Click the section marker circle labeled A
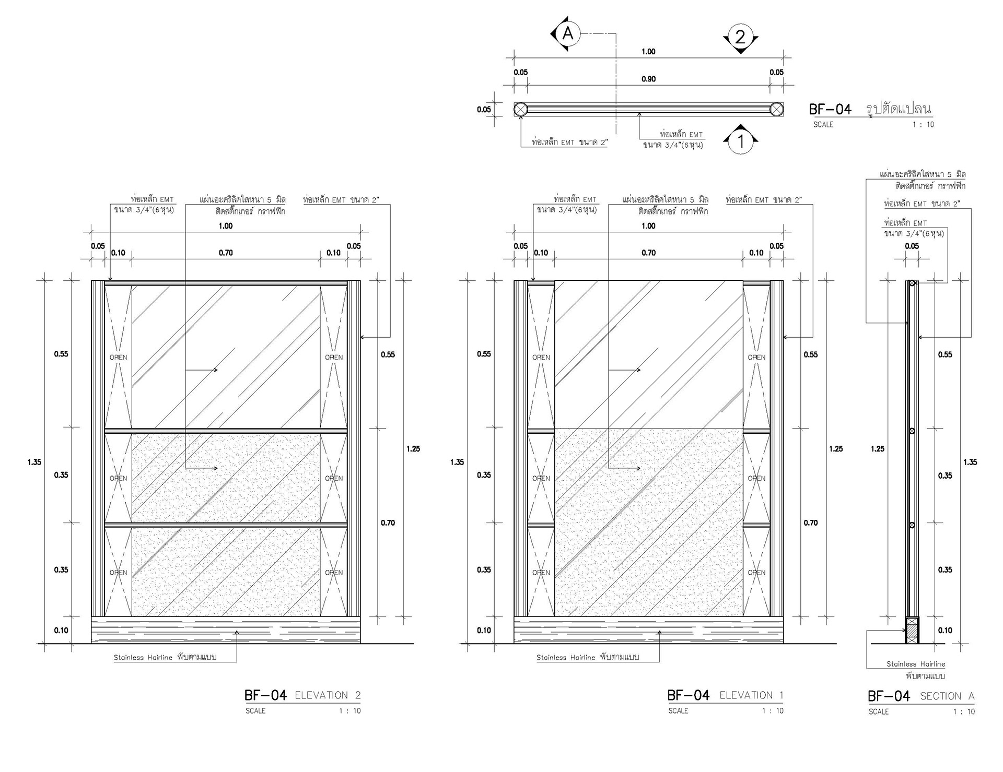click(x=568, y=34)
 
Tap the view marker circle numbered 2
click(x=740, y=37)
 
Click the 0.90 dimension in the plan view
click(x=648, y=79)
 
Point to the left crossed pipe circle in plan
click(x=520, y=109)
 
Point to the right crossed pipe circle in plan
click(x=777, y=109)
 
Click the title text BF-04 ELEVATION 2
click(x=302, y=695)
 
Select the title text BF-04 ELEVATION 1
click(x=726, y=695)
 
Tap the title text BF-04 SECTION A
click(x=921, y=696)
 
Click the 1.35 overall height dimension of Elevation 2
click(x=34, y=462)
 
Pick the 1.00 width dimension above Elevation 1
click(x=648, y=226)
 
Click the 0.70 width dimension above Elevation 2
click(x=226, y=253)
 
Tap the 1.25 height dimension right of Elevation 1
click(x=836, y=449)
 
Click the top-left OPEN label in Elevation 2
click(x=119, y=358)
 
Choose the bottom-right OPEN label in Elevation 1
click(x=756, y=573)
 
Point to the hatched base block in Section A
click(x=912, y=630)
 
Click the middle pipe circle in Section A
click(x=912, y=431)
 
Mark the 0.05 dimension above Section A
click(x=912, y=246)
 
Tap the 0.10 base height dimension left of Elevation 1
click(x=484, y=631)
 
